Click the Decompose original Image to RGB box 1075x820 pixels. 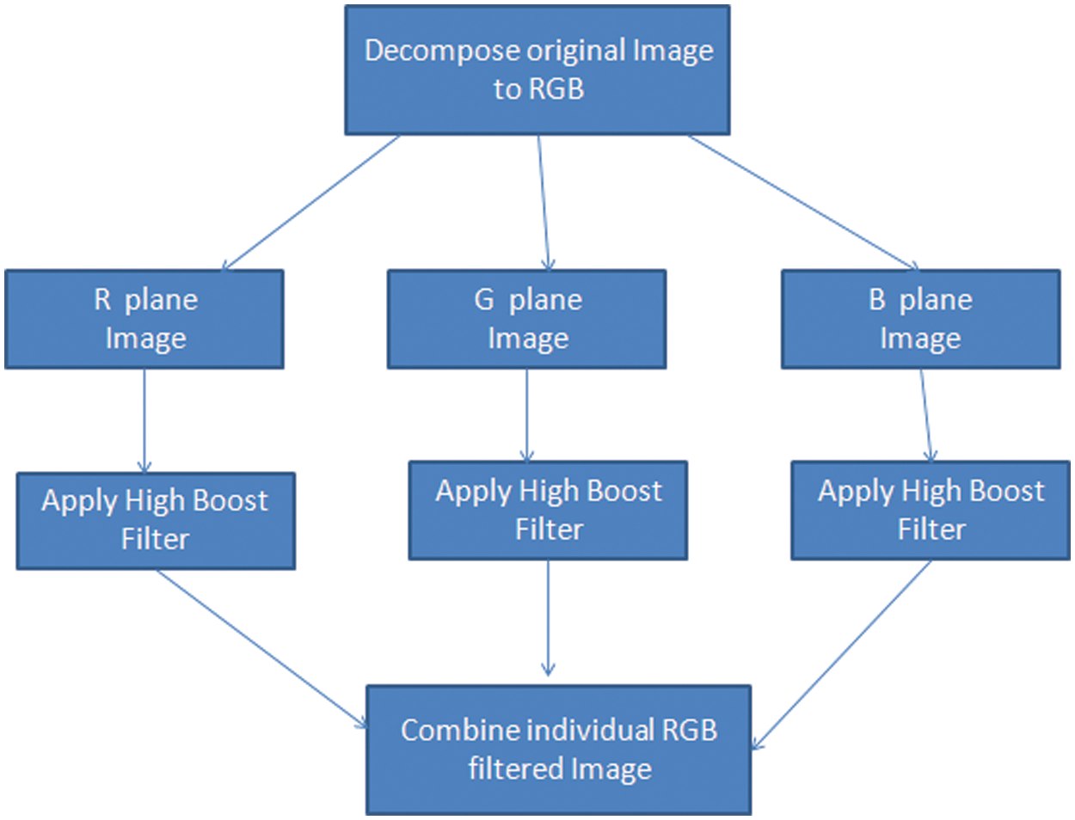click(x=537, y=70)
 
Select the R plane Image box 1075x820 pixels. click(x=144, y=319)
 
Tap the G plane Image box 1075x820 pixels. click(x=526, y=319)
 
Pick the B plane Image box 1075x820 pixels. click(x=920, y=319)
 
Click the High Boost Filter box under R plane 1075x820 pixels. click(x=156, y=520)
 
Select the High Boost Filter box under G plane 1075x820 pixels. click(x=548, y=511)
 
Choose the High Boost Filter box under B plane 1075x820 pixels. click(x=931, y=511)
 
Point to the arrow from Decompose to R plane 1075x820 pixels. click(x=311, y=203)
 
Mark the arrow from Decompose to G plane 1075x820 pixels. click(x=544, y=203)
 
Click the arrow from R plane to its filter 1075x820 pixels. click(x=144, y=420)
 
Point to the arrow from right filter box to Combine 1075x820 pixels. click(x=843, y=654)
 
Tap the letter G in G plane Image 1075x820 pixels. click(x=484, y=299)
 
